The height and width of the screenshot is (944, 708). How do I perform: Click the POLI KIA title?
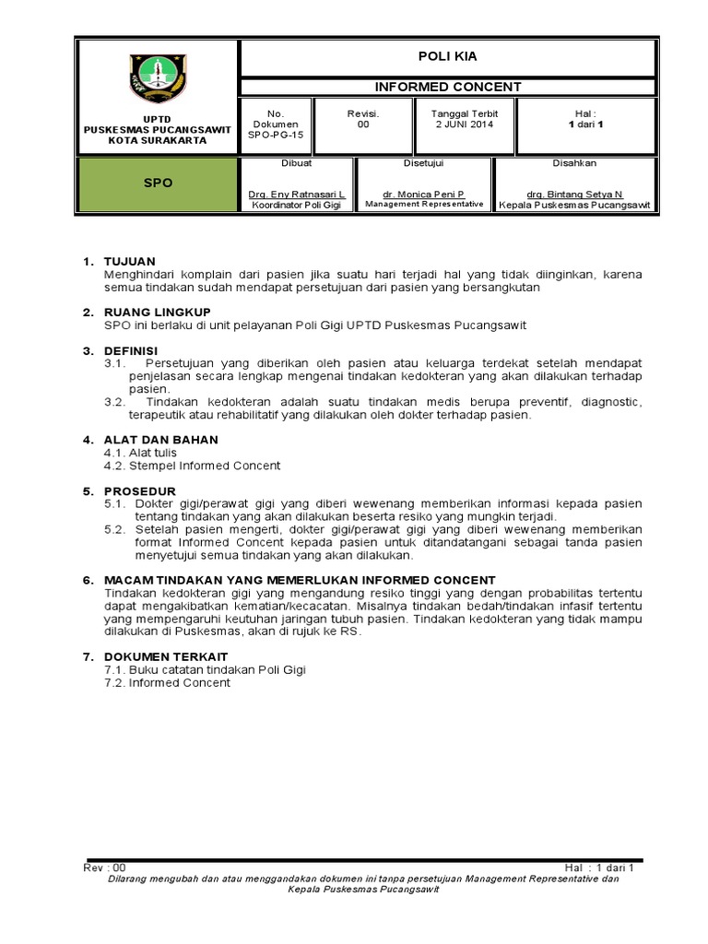coord(447,56)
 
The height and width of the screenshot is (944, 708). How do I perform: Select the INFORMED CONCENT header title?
coord(447,87)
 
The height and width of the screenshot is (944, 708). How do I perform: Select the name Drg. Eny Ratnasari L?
coord(297,195)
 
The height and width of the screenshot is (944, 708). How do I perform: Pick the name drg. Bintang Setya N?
coord(574,195)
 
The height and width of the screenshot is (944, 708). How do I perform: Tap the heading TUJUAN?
coord(129,262)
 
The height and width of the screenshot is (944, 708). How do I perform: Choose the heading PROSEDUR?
coord(139,490)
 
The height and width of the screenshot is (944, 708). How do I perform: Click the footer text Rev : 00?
coord(103,867)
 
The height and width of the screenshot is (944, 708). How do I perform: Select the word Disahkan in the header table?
coord(574,163)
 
